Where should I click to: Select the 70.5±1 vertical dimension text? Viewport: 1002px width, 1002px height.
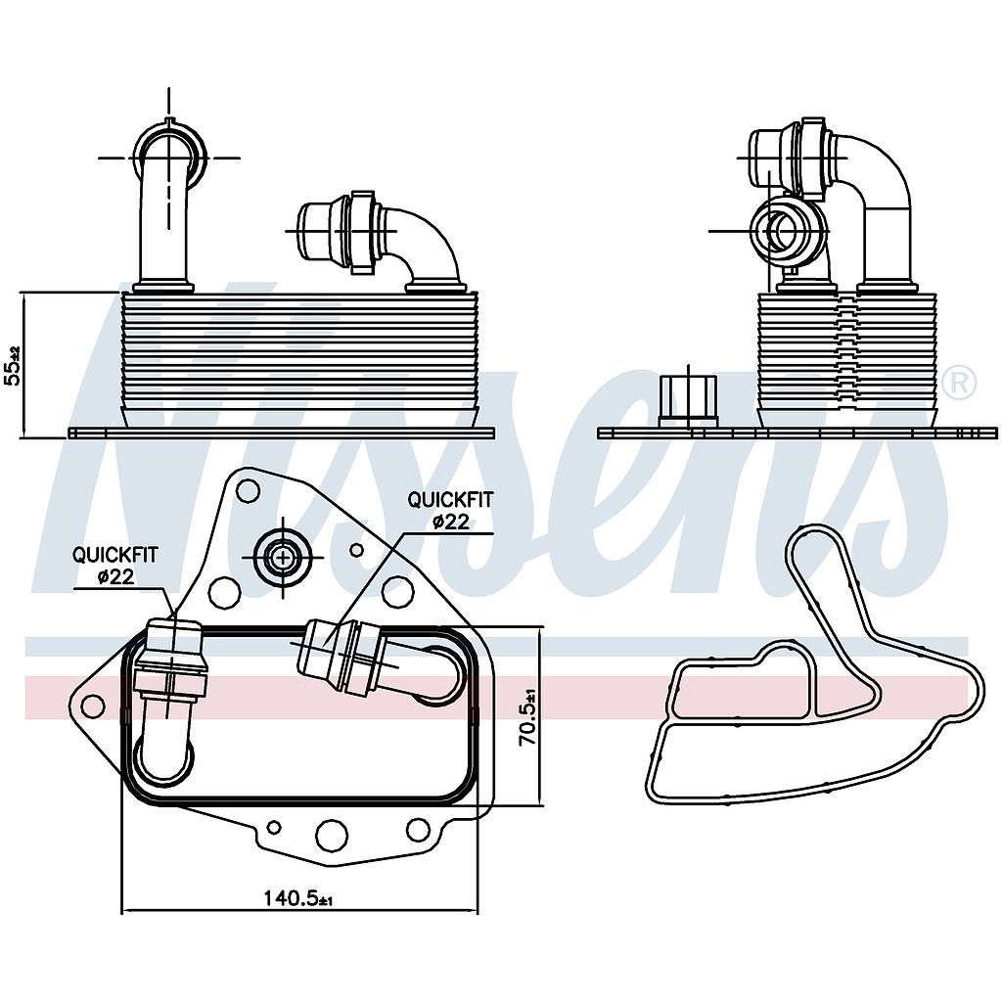528,718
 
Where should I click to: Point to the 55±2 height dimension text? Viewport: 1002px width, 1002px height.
13,364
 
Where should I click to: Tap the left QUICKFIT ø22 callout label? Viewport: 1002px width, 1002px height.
114,566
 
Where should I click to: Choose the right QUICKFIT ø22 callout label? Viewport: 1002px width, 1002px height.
450,510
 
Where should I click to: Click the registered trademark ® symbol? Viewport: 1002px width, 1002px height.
959,382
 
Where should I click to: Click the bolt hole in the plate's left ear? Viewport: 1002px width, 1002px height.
93,706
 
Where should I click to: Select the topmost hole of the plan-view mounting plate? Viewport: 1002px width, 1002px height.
248,490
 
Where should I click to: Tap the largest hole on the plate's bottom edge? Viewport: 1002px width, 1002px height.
332,835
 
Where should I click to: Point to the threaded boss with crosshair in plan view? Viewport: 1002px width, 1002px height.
283,558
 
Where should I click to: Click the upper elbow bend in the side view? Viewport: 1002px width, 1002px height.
881,166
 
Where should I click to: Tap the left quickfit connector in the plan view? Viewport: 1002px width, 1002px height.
170,660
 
